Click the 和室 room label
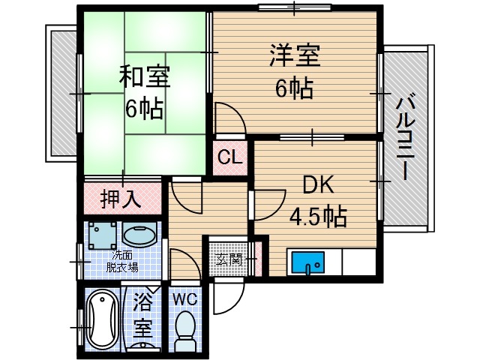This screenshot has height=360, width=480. point(143,77)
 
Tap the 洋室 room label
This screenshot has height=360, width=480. point(295,56)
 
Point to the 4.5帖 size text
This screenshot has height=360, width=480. point(318,217)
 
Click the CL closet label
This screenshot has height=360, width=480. point(230,158)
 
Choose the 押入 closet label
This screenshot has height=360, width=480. point(121,199)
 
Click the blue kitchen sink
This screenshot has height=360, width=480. point(307,264)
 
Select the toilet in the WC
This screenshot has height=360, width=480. point(184,330)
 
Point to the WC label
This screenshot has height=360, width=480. point(184,298)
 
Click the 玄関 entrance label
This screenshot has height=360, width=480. point(229,259)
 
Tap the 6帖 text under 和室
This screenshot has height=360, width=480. point(143,109)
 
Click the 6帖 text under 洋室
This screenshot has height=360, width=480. point(293,89)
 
